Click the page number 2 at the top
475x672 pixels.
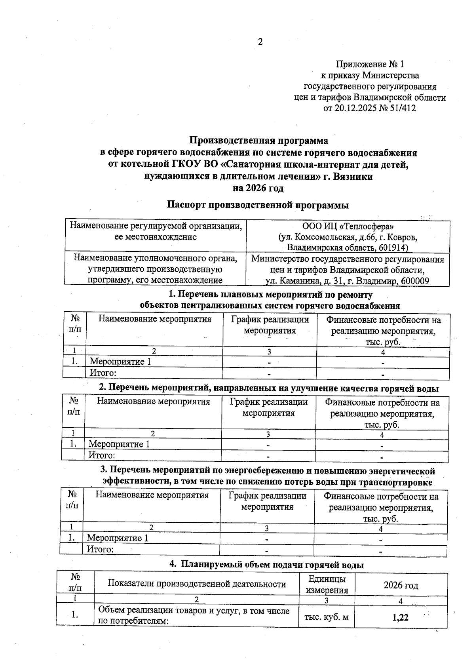point(260,42)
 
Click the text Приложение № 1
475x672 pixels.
point(370,64)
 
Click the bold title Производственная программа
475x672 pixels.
point(258,141)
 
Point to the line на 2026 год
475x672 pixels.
point(258,188)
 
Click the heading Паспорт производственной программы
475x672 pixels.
point(258,205)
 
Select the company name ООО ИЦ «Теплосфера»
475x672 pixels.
point(348,227)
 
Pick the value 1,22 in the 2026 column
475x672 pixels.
point(401,617)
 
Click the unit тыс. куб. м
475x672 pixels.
point(326,617)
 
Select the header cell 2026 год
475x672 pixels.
point(401,585)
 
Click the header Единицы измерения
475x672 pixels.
point(327,584)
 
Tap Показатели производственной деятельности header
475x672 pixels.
point(197,584)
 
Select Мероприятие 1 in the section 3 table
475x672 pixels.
point(118,538)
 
